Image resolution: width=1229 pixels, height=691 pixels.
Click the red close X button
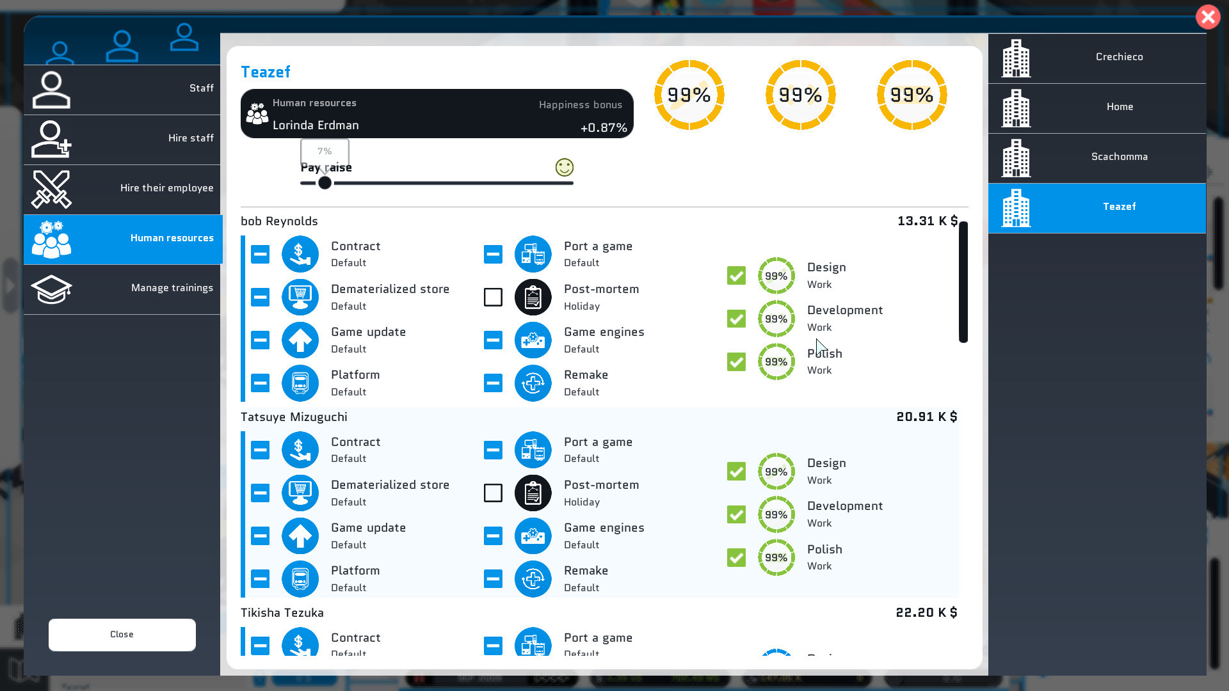tap(1208, 17)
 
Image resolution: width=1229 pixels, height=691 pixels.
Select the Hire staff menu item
tap(122, 139)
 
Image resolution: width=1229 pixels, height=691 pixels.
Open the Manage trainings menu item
tap(122, 289)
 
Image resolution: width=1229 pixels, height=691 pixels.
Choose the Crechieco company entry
tap(1096, 58)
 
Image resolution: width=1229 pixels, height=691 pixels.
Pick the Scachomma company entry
tap(1096, 157)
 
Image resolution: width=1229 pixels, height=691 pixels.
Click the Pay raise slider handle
tap(325, 183)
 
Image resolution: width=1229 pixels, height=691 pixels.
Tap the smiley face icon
tap(564, 168)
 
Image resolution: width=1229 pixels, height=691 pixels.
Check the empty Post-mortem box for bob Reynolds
tap(493, 298)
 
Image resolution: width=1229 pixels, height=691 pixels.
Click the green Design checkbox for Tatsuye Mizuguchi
tap(736, 472)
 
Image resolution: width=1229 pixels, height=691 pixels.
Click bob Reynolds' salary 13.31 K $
tap(927, 221)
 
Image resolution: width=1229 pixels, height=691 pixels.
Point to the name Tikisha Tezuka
tap(282, 613)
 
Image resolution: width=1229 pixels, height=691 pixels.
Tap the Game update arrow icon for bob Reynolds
tap(300, 340)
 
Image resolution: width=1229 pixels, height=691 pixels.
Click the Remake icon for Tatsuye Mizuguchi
tap(533, 579)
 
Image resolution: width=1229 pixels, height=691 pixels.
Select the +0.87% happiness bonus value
tap(603, 128)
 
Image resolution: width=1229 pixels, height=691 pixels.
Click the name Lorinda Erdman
tap(316, 125)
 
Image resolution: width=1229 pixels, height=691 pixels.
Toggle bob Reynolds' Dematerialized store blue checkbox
tap(260, 298)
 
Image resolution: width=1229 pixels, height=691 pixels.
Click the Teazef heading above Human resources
tap(266, 72)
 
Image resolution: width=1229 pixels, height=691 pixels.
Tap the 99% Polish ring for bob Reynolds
tap(776, 362)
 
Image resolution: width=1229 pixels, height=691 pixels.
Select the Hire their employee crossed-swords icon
tap(51, 189)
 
